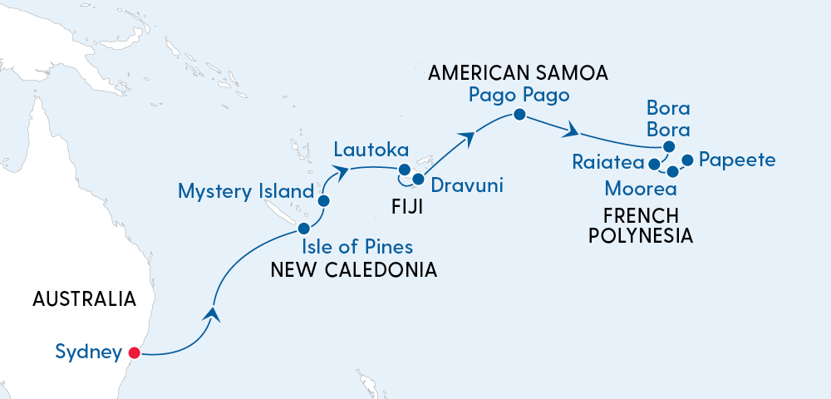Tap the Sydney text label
tap(88, 352)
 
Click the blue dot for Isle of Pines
tap(304, 228)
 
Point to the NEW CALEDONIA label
tap(355, 269)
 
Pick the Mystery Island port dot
tap(324, 200)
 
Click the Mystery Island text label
tap(245, 192)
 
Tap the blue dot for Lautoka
tap(405, 173)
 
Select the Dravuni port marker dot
tap(418, 180)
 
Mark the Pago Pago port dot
tap(519, 115)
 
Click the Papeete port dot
tap(687, 160)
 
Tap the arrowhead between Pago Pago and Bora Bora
tap(571, 131)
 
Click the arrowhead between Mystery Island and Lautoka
tap(341, 171)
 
